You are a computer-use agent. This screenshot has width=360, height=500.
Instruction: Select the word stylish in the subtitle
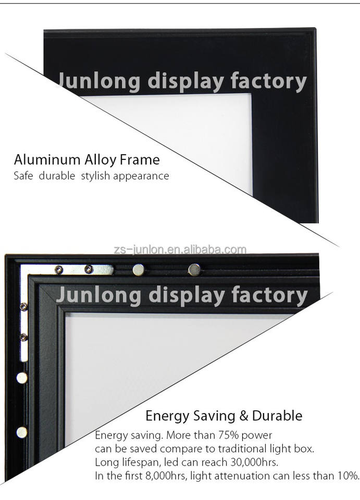coord(95,176)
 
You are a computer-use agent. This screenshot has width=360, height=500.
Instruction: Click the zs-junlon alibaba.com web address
coord(180,249)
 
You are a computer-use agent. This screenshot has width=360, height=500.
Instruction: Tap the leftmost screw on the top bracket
coord(59,269)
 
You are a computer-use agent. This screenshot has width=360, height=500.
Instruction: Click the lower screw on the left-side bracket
coord(23,337)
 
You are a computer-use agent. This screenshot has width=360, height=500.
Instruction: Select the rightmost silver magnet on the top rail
coord(194,269)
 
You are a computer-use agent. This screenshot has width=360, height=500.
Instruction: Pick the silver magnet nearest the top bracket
coord(139,269)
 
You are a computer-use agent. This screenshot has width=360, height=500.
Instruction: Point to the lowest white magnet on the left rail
coord(22,431)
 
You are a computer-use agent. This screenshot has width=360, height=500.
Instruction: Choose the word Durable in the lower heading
coord(277,416)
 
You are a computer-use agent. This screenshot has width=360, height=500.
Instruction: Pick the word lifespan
coord(134,462)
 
